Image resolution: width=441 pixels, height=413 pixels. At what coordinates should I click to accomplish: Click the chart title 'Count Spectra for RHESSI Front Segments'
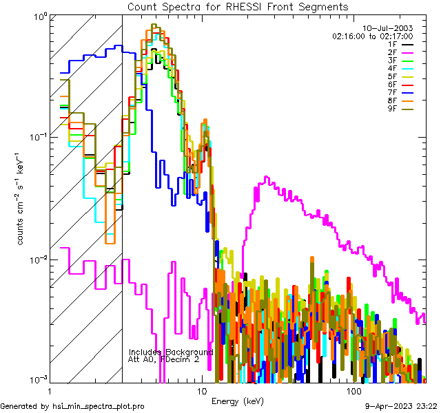point(238,7)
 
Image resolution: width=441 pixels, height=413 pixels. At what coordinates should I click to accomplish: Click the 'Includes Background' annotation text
point(171,352)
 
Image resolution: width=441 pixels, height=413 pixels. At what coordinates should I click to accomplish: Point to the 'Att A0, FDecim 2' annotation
point(164,359)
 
